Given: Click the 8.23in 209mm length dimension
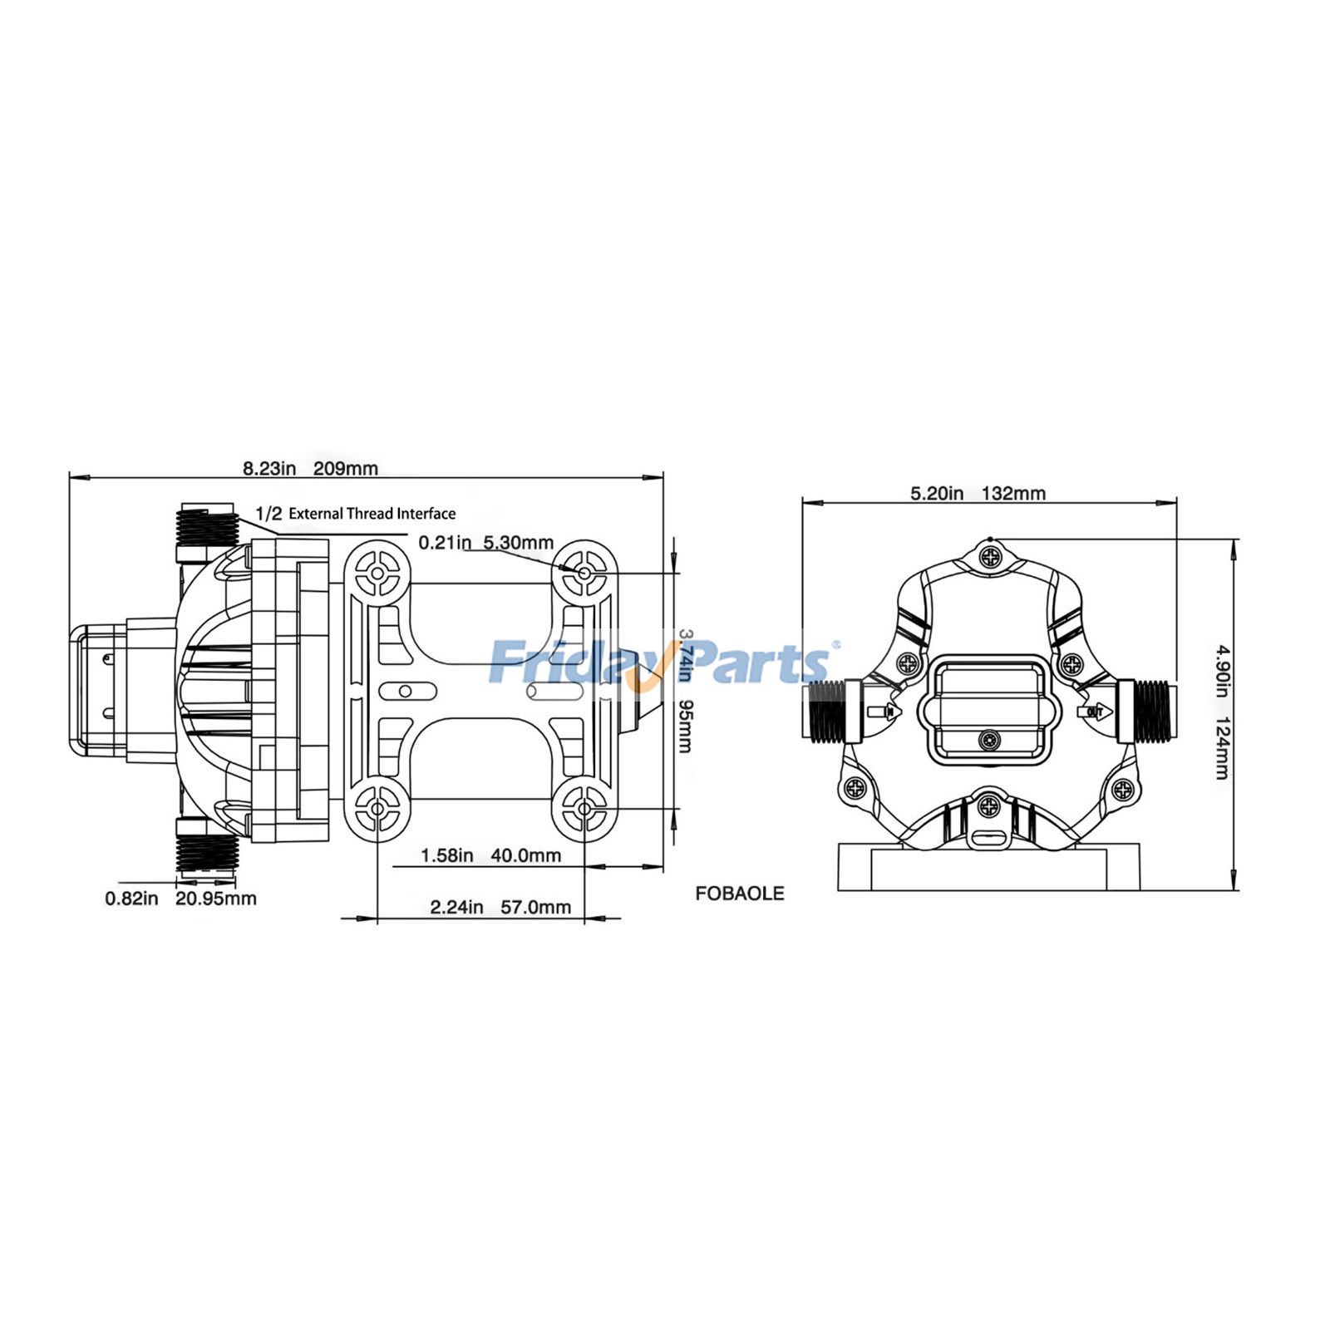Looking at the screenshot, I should pos(310,468).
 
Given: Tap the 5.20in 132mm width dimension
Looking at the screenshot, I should pos(978,493).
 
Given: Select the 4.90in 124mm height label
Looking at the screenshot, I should pos(1222,712).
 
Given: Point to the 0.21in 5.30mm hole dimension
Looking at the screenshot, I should pos(485,542).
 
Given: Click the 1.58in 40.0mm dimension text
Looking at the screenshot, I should pos(490,855).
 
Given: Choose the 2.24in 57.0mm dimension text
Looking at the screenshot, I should pos(500,907).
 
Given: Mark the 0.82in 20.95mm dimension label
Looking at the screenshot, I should pos(180,899).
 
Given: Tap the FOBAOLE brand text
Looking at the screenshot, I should pos(739,894).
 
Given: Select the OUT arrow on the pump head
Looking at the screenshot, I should pos(1093,712).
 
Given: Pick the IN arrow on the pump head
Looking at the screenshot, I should pos(883,712).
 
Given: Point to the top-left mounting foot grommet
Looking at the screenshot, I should pos(377,572).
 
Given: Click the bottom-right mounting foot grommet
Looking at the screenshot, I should pos(584,808).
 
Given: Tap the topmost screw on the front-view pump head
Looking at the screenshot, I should pos(990,557).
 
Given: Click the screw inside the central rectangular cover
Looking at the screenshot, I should pos(989,740).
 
